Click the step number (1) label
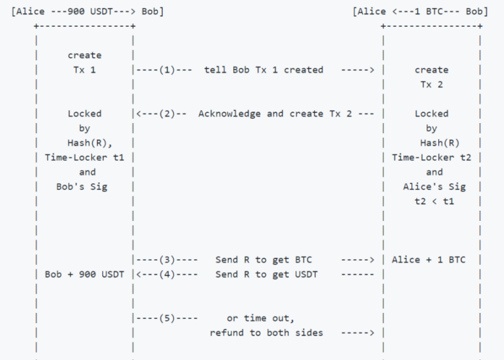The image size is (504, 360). click(x=167, y=70)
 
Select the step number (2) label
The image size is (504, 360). click(x=167, y=114)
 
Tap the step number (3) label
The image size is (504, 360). click(x=167, y=259)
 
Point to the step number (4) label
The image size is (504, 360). click(x=167, y=274)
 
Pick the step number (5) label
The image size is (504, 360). click(x=167, y=318)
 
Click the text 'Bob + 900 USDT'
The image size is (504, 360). click(x=84, y=274)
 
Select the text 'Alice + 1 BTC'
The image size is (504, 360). click(x=431, y=259)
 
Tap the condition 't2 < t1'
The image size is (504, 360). click(x=431, y=201)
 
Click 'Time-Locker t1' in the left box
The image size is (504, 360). click(x=85, y=157)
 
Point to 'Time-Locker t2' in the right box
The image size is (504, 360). click(x=431, y=157)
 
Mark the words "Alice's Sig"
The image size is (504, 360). click(x=431, y=187)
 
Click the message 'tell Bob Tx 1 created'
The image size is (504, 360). click(x=263, y=70)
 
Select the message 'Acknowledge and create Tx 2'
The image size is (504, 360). click(x=275, y=114)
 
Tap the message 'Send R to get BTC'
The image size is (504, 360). click(x=263, y=259)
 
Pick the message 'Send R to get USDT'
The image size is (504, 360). click(x=267, y=274)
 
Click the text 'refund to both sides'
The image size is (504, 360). click(x=266, y=332)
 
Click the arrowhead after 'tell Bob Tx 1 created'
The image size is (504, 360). click(x=372, y=70)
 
